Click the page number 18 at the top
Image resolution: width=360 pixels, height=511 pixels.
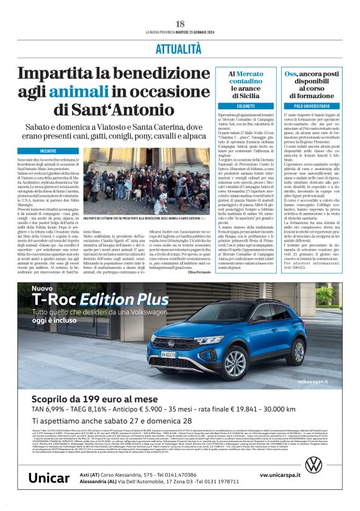179,23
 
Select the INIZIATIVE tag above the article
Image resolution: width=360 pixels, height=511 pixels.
52,151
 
